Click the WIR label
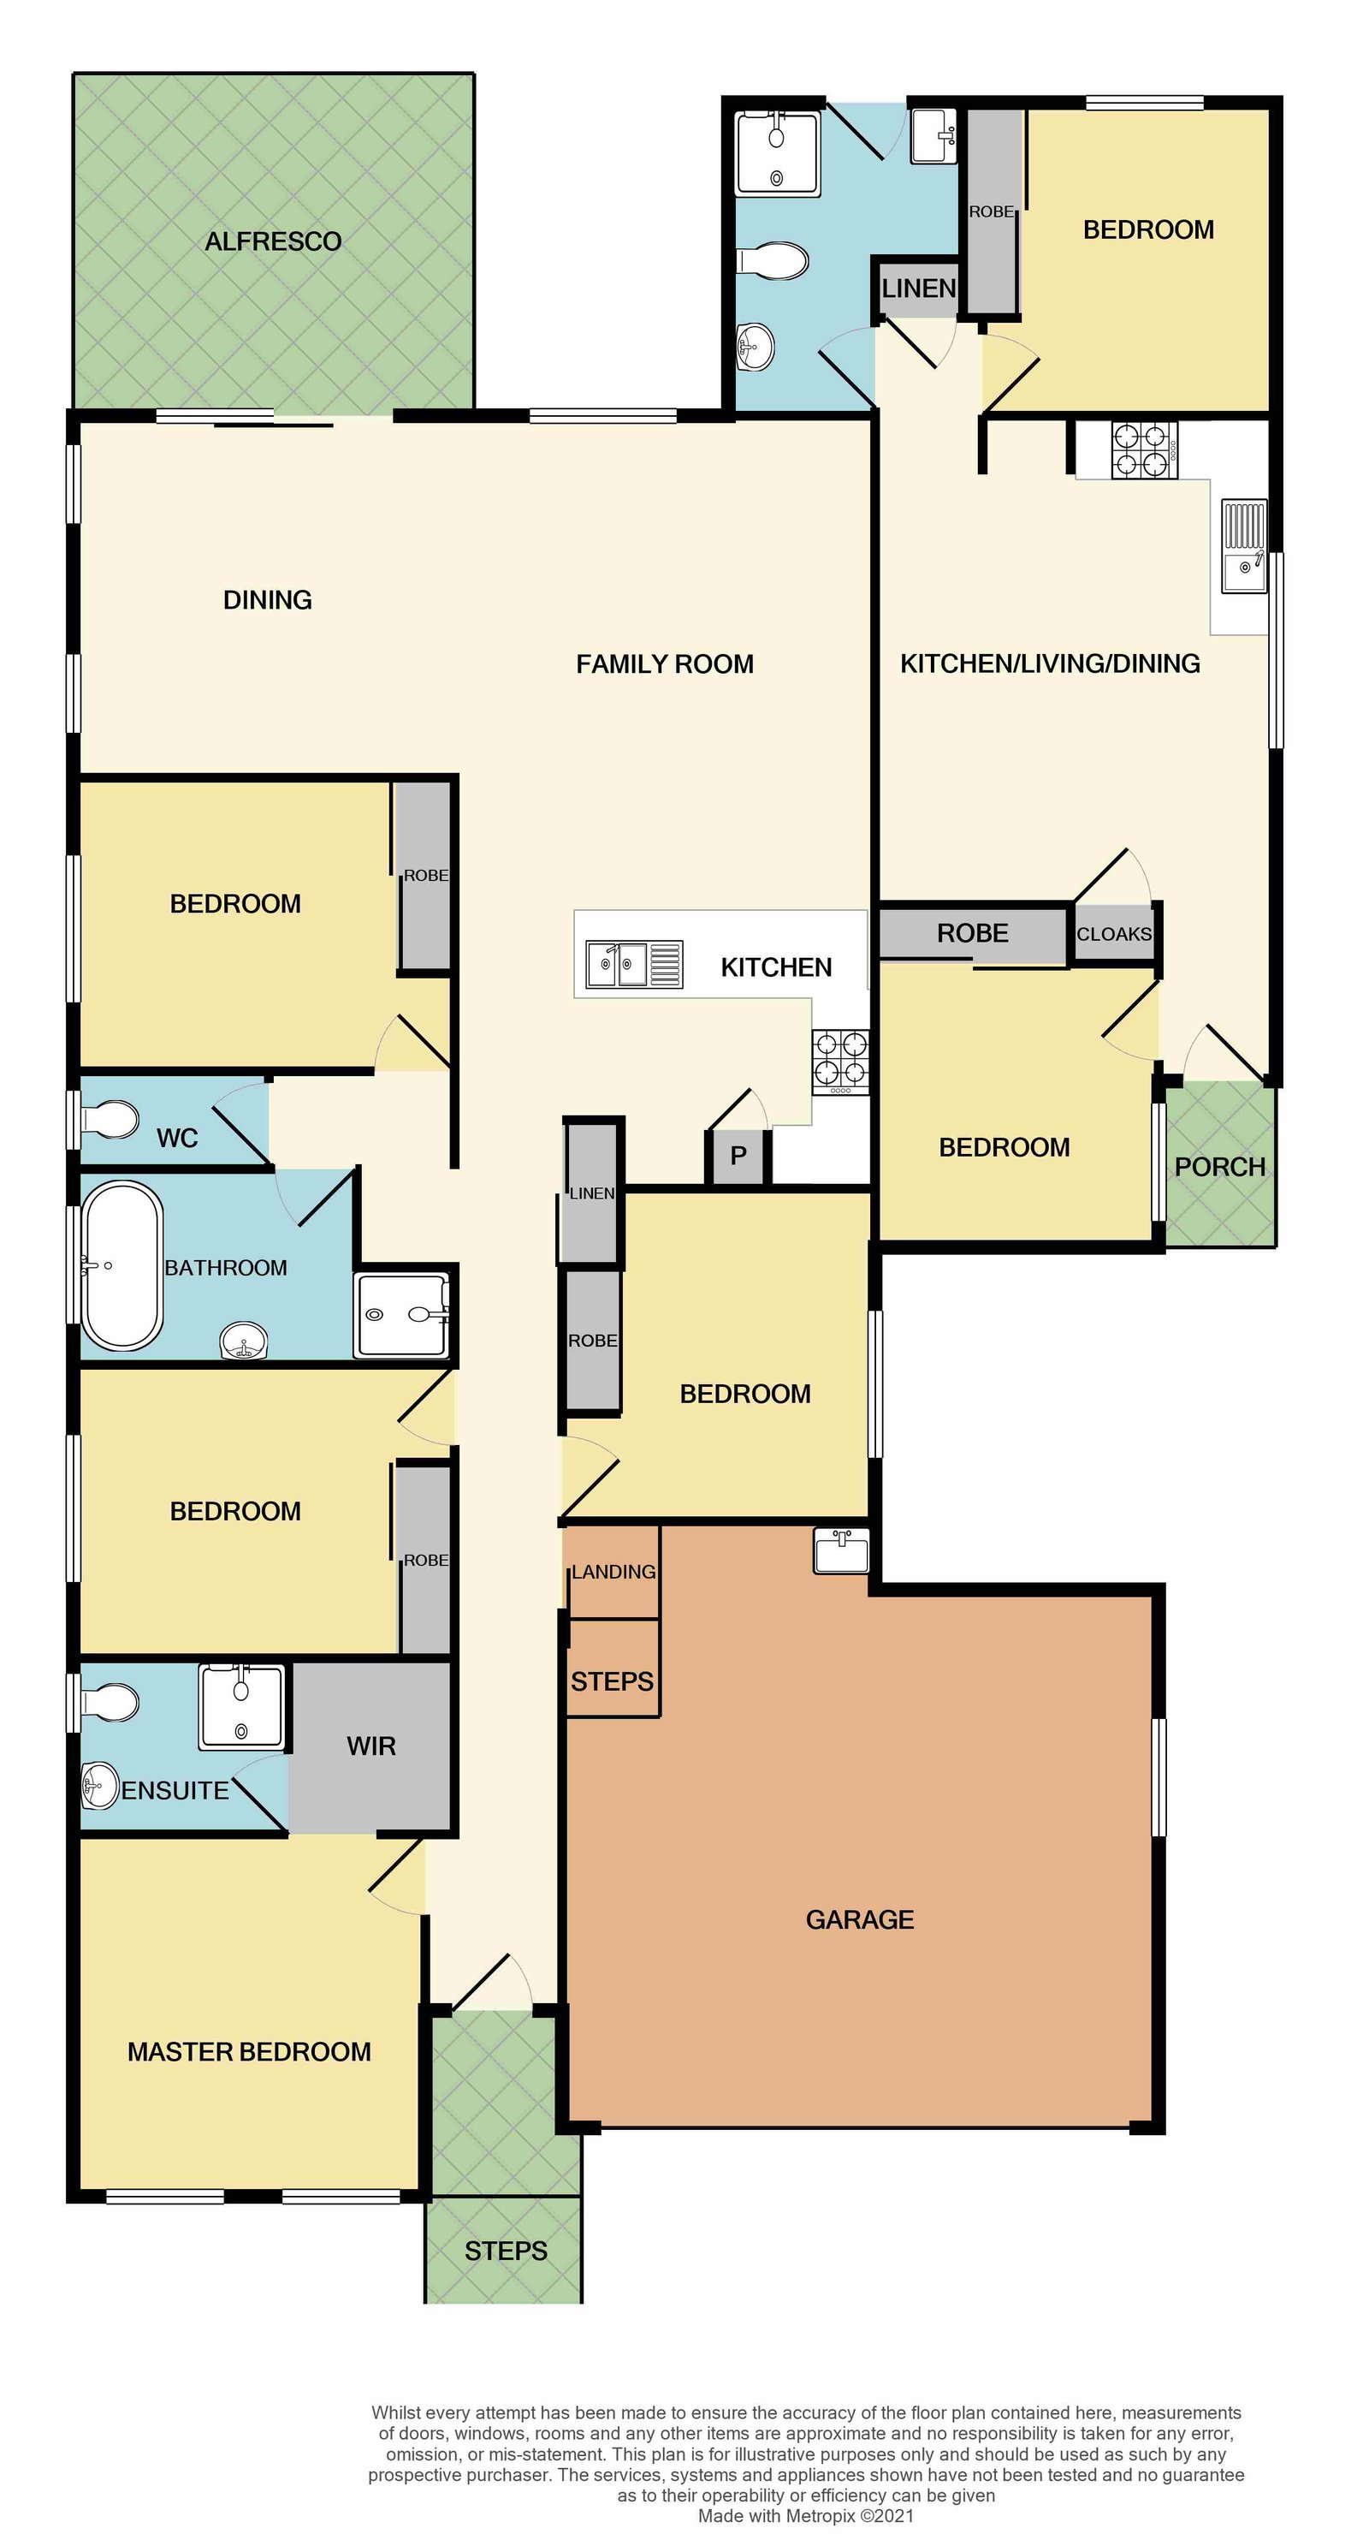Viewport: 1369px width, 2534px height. (x=370, y=1746)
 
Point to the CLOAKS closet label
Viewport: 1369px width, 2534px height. (x=1113, y=933)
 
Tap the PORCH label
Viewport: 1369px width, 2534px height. (x=1219, y=1167)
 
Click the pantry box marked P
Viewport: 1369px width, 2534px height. (x=738, y=1156)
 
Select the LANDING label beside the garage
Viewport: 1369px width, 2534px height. (x=613, y=1572)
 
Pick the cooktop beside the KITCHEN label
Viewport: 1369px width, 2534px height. (x=840, y=1061)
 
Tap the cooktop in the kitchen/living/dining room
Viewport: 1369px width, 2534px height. (x=1144, y=449)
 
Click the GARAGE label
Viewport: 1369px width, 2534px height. (x=860, y=1919)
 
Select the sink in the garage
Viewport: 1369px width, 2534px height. (x=842, y=1551)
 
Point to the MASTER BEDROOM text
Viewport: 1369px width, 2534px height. (x=249, y=2052)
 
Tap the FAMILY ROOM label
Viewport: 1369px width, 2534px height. (x=665, y=664)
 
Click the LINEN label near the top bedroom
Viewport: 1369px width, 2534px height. (x=919, y=288)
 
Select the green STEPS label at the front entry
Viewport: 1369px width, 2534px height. (x=506, y=2251)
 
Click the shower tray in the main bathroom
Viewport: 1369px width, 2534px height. (x=401, y=1314)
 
